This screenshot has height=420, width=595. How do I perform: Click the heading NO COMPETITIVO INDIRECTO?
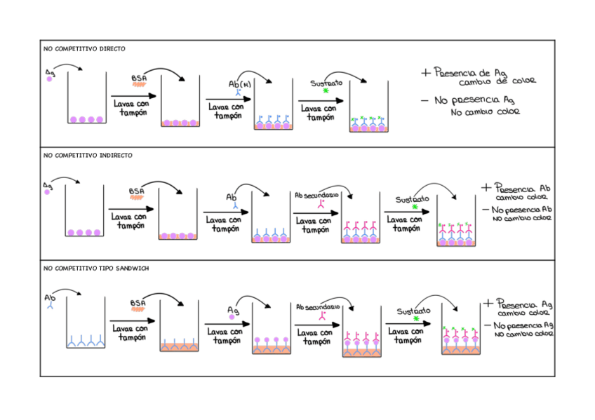point(88,155)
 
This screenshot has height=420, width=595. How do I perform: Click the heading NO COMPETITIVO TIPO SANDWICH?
point(96,268)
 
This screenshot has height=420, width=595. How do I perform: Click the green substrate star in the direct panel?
point(326,92)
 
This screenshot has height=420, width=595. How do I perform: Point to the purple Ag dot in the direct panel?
point(50,79)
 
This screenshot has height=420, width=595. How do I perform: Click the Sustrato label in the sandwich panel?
point(413,311)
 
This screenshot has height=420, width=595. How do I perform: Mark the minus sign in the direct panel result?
point(424,100)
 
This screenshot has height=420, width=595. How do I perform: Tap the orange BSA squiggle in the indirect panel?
point(137,198)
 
